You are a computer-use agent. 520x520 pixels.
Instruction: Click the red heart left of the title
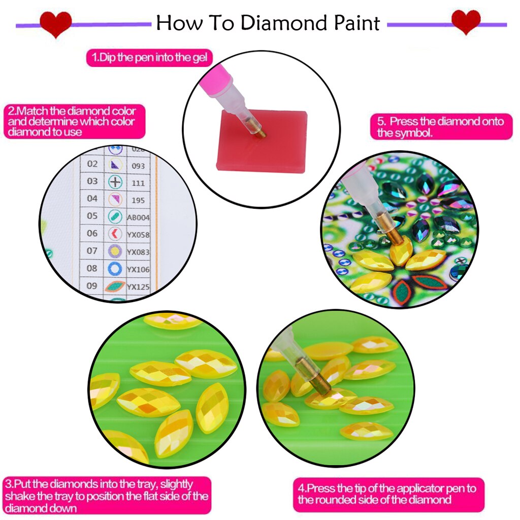[x=55, y=24]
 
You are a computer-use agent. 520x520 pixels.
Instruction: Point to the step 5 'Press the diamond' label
[x=440, y=127]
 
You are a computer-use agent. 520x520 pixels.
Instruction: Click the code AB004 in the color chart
[x=139, y=217]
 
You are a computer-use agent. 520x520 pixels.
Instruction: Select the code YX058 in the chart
[x=138, y=235]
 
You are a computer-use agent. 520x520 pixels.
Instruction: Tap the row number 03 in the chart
[x=92, y=181]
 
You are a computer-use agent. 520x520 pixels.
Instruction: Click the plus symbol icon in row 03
[x=116, y=181]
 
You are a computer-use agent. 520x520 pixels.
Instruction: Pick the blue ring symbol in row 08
[x=115, y=269]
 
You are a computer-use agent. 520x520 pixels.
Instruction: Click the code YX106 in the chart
[x=138, y=270]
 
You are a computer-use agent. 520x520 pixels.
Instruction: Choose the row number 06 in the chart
[x=92, y=233]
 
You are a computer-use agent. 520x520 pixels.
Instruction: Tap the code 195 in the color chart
[x=138, y=200]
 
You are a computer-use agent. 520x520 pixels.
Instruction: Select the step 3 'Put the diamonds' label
[x=106, y=495]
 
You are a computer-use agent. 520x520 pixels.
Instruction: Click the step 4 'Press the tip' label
[x=388, y=494]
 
